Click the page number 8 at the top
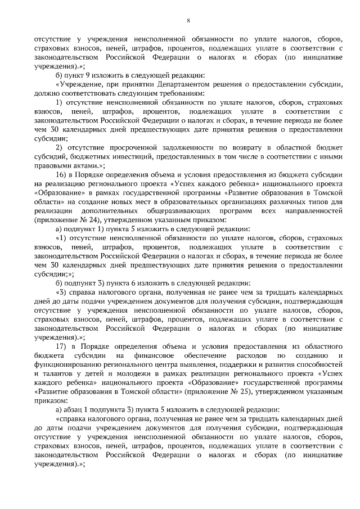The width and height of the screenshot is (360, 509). pos(188,21)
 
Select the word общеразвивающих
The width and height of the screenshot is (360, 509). pos(164,211)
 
